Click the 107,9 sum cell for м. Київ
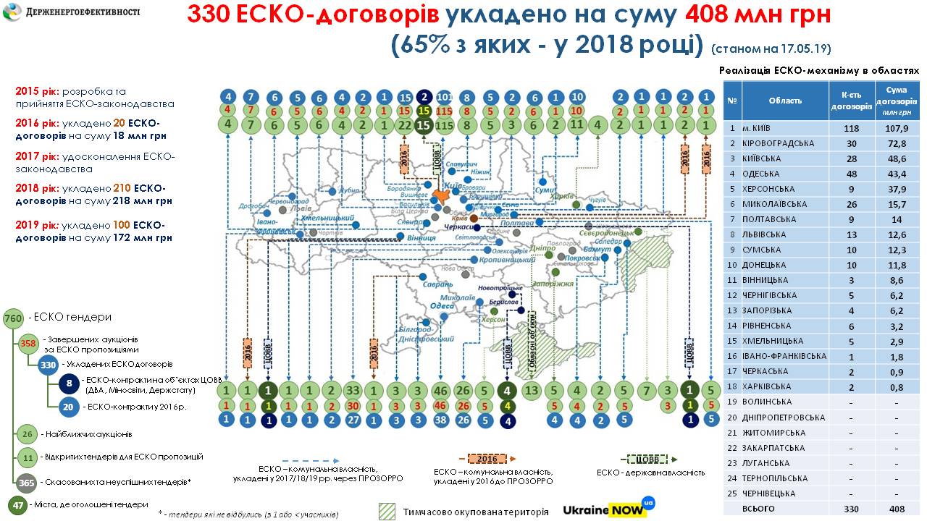point(897,128)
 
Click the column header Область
point(785,101)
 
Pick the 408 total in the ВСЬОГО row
point(897,508)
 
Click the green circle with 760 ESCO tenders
point(13,318)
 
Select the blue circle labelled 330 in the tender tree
point(49,365)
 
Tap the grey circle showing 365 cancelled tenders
point(27,483)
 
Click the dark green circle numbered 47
point(17,505)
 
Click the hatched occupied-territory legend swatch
point(387,511)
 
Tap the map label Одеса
point(442,306)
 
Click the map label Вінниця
point(422,237)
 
